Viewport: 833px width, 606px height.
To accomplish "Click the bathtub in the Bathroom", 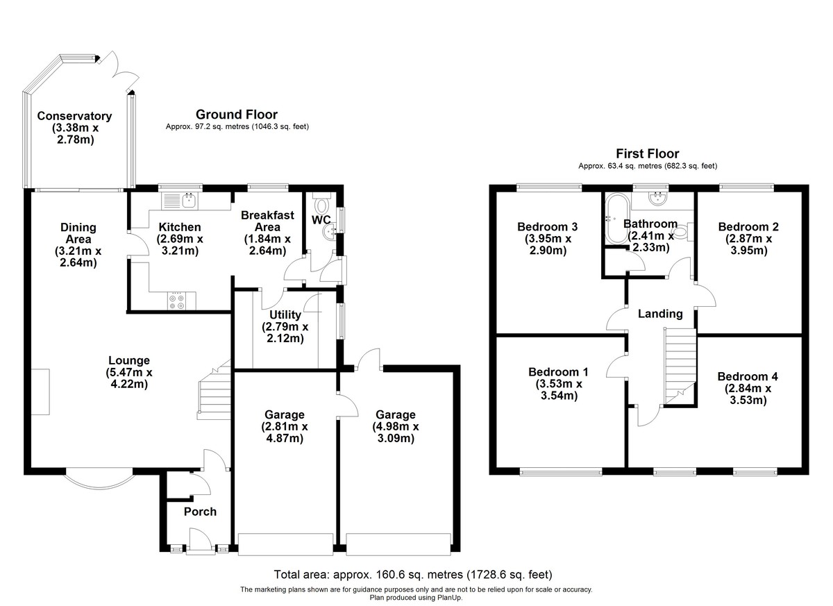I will click(616, 218).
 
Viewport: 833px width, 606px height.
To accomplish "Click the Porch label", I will click(200, 512).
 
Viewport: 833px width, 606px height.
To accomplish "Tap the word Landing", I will click(659, 314).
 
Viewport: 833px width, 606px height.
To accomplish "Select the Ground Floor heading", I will click(236, 115).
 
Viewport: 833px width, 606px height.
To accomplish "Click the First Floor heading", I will click(647, 153).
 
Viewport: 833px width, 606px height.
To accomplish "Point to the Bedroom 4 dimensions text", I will click(747, 394).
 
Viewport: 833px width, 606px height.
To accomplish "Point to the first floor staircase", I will click(680, 364).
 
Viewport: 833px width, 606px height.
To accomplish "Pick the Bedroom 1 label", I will click(558, 371).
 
